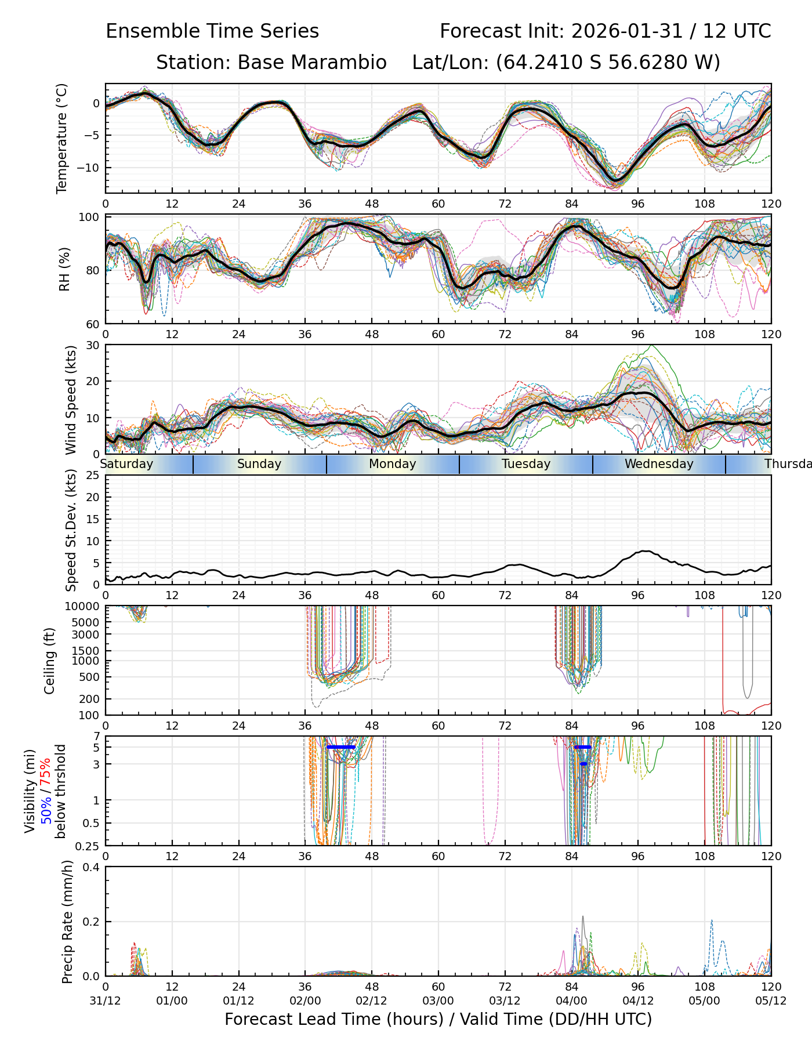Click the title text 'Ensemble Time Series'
coord(212,31)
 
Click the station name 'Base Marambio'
coord(312,63)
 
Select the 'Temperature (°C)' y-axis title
coord(62,138)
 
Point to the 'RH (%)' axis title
coord(64,269)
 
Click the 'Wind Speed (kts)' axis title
coord(71,400)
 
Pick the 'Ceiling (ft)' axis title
coord(50,661)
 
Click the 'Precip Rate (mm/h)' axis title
coord(67,922)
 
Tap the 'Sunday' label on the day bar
coord(259,464)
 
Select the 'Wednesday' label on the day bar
coord(659,464)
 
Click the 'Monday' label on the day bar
coord(393,464)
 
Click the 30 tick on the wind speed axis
coord(93,345)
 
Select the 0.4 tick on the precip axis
coord(92,867)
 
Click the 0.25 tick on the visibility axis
coord(89,845)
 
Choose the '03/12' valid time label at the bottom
coord(505,1000)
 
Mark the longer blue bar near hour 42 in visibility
coord(341,747)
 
